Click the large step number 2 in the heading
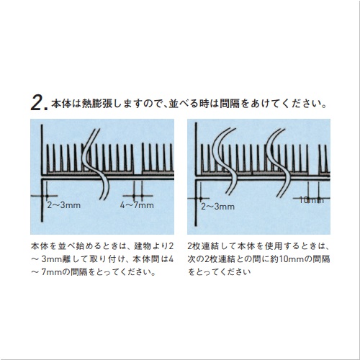[x=37, y=103]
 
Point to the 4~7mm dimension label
[x=137, y=205]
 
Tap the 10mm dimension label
[x=309, y=200]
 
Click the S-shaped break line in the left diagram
[x=94, y=162]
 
